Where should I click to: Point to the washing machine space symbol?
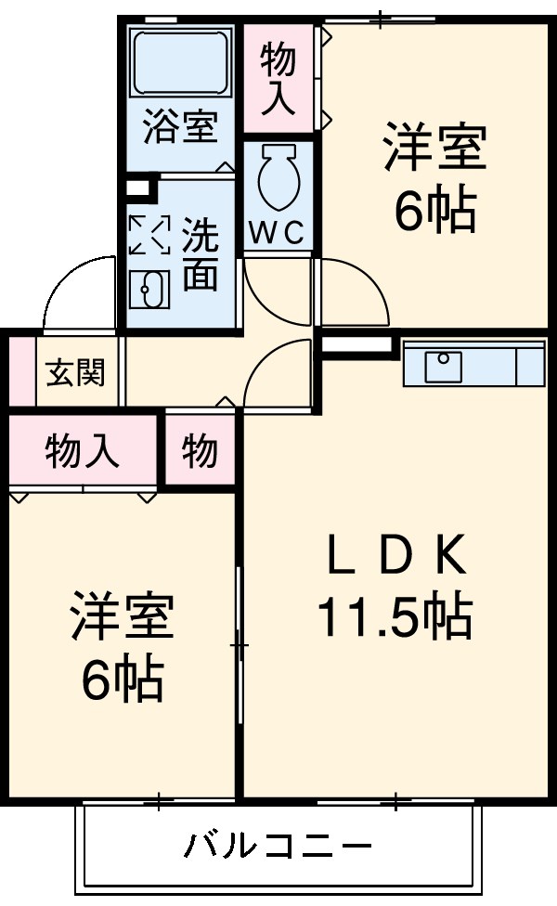(x=149, y=236)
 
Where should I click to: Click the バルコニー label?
(x=278, y=846)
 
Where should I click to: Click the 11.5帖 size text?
(x=394, y=615)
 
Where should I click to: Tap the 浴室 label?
(x=180, y=127)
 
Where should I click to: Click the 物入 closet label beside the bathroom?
(x=278, y=78)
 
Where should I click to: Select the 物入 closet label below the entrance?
(x=82, y=451)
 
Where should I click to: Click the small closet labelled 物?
(x=200, y=452)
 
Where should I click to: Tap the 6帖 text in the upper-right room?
(x=434, y=213)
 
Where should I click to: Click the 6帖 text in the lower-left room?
(x=122, y=683)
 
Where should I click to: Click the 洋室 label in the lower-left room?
(x=122, y=618)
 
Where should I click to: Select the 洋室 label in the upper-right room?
(x=434, y=149)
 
